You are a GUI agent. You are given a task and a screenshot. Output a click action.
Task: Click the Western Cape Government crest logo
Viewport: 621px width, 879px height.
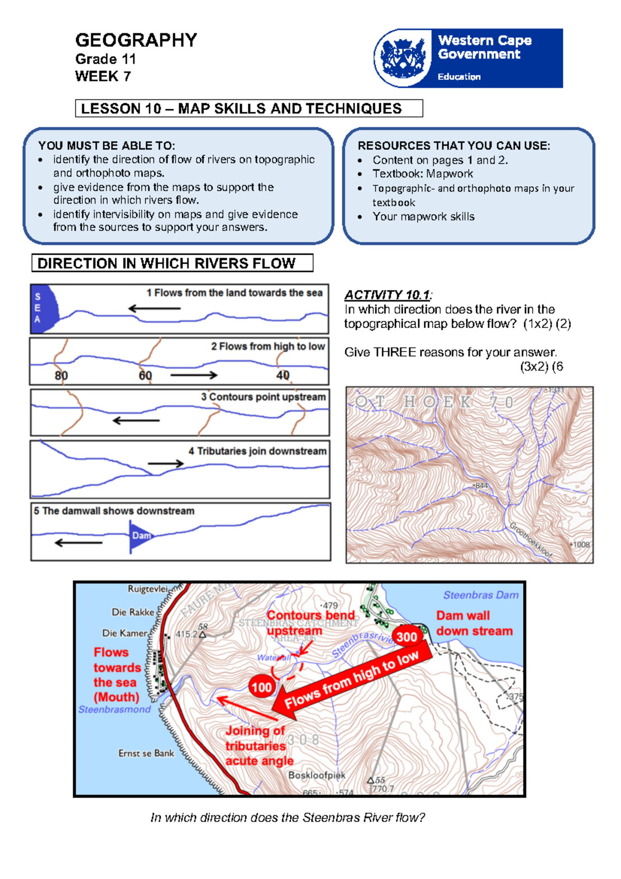[x=403, y=58]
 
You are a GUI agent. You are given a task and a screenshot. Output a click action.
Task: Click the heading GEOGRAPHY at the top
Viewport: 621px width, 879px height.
[x=136, y=40]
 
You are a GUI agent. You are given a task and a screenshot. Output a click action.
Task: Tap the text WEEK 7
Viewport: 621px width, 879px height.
[x=102, y=76]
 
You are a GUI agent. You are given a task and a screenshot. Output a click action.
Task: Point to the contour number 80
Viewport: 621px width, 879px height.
[x=61, y=375]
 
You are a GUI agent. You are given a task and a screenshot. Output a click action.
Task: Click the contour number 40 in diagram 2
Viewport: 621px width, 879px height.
[x=283, y=375]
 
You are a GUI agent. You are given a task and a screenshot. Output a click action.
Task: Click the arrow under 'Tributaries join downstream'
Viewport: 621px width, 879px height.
[x=166, y=464]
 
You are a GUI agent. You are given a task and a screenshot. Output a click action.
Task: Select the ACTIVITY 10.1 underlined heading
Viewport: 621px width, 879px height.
[x=387, y=295]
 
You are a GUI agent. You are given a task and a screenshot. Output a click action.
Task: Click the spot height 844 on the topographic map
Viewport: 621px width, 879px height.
[x=481, y=486]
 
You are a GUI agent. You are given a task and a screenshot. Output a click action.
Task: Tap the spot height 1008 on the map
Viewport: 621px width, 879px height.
[x=580, y=545]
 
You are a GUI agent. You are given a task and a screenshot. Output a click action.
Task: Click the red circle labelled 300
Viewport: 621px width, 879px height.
[x=407, y=637]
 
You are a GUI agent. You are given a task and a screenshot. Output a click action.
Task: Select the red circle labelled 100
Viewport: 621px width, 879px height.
[x=261, y=687]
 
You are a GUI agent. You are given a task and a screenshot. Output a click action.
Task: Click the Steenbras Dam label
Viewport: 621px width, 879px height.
[x=481, y=595]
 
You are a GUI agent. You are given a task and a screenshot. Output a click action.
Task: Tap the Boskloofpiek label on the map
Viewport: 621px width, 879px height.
[x=316, y=775]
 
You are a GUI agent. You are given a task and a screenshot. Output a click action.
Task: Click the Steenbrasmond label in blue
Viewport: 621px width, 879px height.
[x=114, y=709]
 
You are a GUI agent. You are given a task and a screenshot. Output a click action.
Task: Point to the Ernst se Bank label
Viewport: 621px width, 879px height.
[x=146, y=753]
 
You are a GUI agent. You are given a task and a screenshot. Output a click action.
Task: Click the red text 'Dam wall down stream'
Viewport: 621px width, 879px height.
[x=474, y=623]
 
